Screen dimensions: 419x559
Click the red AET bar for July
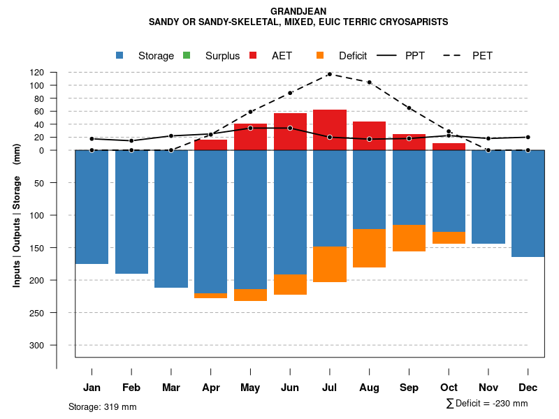(330, 130)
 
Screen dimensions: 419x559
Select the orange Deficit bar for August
(370, 248)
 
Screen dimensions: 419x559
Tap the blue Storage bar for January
(92, 207)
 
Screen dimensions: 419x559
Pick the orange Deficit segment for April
(210, 295)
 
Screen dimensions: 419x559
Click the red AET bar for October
(449, 147)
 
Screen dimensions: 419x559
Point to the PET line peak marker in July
(330, 74)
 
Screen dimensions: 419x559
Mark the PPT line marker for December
(528, 137)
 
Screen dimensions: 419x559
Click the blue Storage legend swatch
(120, 55)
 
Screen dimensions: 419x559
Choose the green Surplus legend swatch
(187, 55)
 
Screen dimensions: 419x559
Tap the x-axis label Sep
(409, 388)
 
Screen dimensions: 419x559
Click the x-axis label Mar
(171, 388)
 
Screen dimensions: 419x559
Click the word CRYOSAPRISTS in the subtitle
(413, 22)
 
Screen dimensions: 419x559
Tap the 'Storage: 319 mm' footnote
(103, 406)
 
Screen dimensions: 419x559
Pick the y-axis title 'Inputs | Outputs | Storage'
(17, 230)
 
